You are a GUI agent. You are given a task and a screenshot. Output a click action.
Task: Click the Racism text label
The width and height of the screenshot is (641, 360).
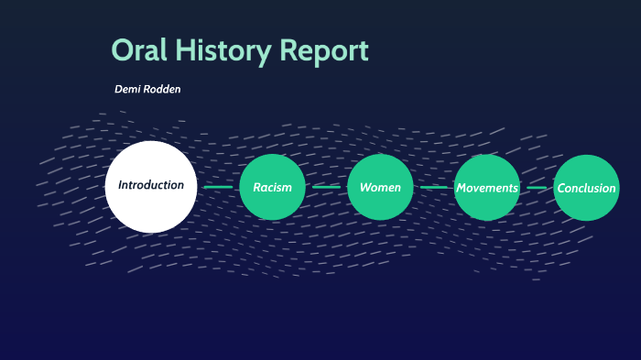pyautogui.click(x=272, y=188)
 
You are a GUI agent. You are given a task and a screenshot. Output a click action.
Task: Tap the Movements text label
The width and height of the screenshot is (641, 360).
pyautogui.click(x=487, y=188)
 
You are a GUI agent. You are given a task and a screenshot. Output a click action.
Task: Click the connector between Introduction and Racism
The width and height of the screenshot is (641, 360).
pyautogui.click(x=218, y=188)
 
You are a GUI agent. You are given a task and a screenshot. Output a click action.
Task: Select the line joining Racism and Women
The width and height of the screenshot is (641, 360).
pyautogui.click(x=326, y=188)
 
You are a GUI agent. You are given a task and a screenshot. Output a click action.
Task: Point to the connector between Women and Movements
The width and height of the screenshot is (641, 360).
pyautogui.click(x=433, y=188)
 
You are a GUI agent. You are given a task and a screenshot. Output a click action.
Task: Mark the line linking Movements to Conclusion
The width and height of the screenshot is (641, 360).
pyautogui.click(x=538, y=188)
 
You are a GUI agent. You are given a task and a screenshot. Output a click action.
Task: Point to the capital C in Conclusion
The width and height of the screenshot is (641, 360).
pyautogui.click(x=561, y=188)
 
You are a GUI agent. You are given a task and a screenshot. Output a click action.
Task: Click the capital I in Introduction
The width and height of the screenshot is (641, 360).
pyautogui.click(x=120, y=185)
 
